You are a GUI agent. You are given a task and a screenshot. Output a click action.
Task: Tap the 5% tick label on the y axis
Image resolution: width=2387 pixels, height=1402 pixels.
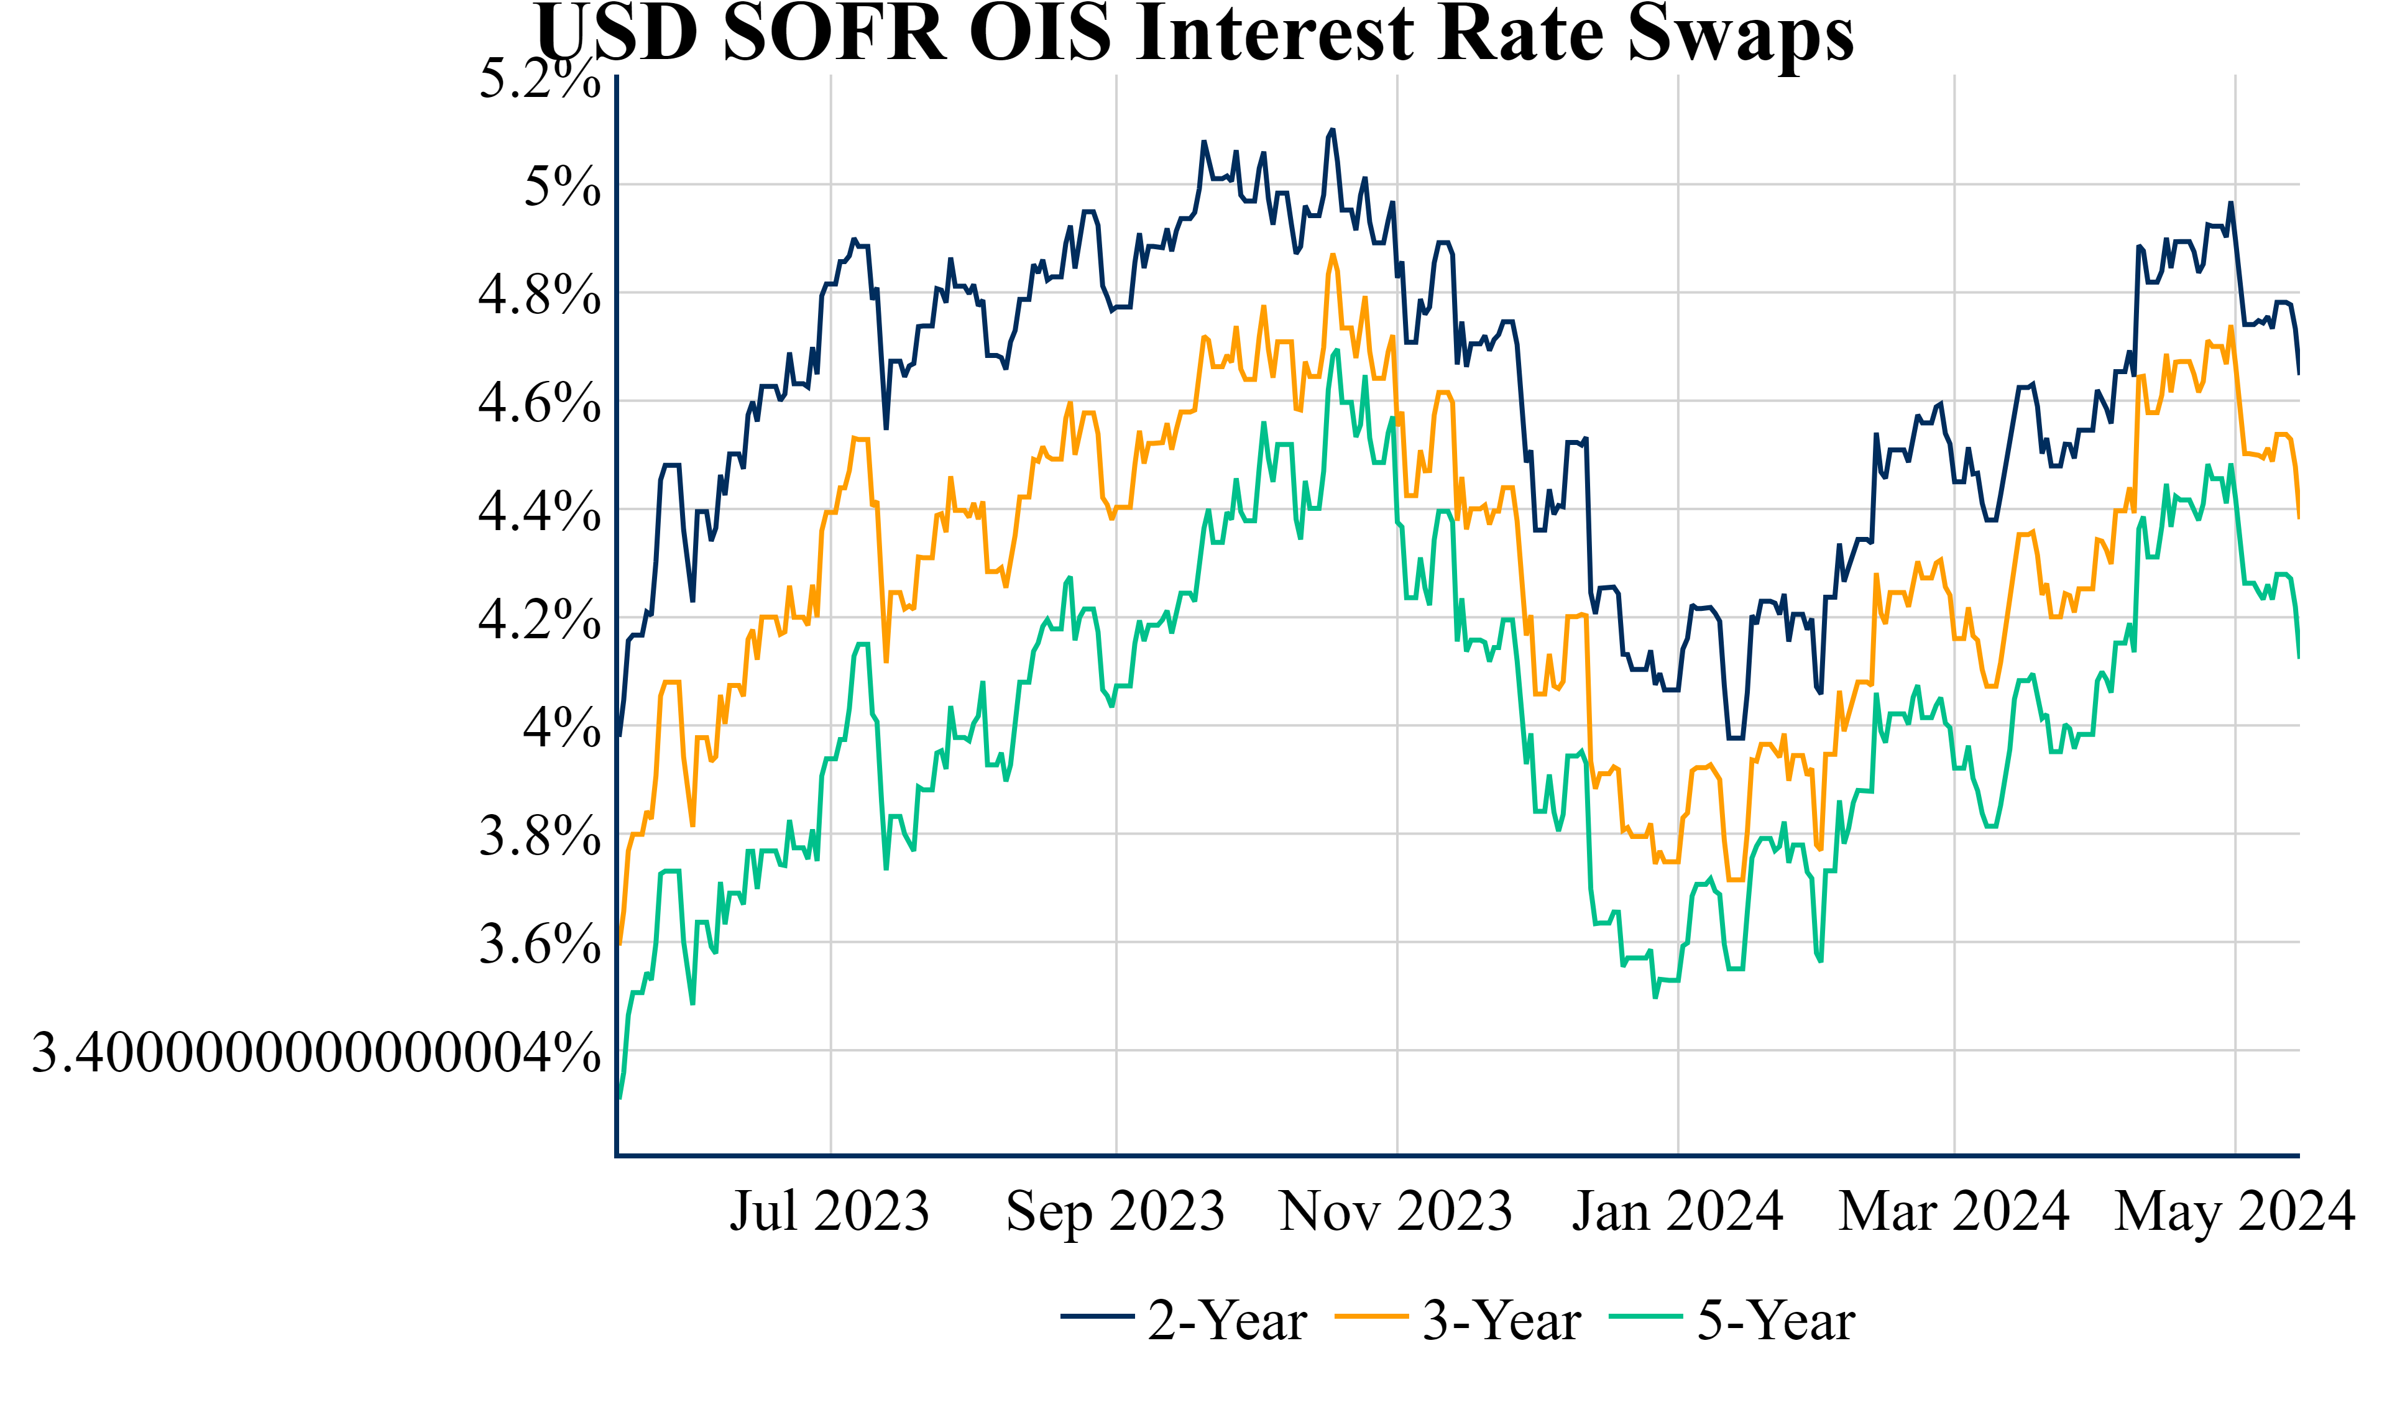pos(562,186)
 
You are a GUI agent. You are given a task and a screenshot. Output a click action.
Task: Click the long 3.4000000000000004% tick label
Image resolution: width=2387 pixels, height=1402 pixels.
pos(315,1053)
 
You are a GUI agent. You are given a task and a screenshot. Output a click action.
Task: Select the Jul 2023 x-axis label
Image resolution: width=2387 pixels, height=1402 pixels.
pos(830,1212)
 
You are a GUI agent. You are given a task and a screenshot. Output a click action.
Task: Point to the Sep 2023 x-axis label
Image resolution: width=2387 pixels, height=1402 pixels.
pos(1115,1212)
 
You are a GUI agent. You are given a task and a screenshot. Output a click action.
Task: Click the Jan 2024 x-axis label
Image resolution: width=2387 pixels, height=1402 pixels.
pos(1678,1212)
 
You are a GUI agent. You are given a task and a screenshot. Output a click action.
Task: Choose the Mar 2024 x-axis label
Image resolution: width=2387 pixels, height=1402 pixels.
pos(1954,1212)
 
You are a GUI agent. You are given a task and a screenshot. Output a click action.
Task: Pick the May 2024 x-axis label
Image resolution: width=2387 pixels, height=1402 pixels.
pos(2235,1212)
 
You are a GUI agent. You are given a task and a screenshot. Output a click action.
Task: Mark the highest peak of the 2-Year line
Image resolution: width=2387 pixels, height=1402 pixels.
pos(1331,130)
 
